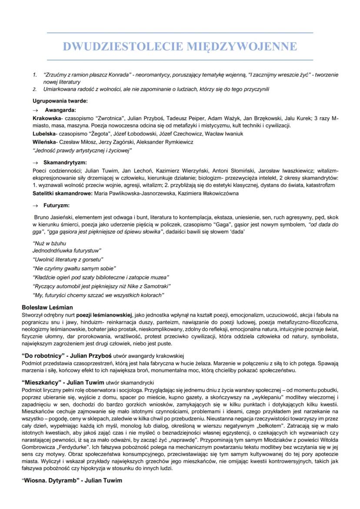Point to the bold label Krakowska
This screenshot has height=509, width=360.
click(x=47, y=118)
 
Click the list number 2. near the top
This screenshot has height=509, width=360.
click(x=34, y=89)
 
